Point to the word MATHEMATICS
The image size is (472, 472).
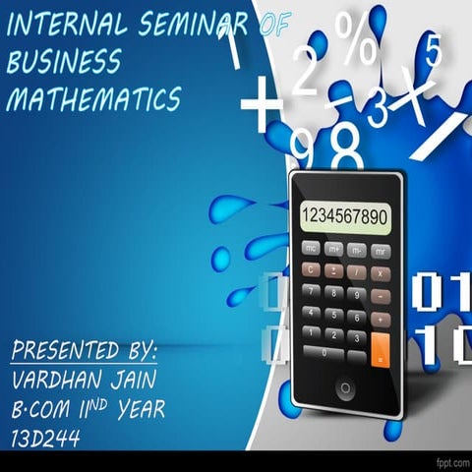[x=93, y=98]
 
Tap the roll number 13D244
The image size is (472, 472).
[x=47, y=434]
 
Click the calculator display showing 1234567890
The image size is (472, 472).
[x=344, y=215]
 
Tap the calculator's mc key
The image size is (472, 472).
[x=311, y=250]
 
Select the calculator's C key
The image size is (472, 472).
[x=311, y=270]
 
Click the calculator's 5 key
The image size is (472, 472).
[x=334, y=314]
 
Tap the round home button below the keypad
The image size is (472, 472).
[x=345, y=389]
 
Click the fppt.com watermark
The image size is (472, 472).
[x=447, y=460]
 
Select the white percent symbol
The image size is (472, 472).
[x=353, y=36]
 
